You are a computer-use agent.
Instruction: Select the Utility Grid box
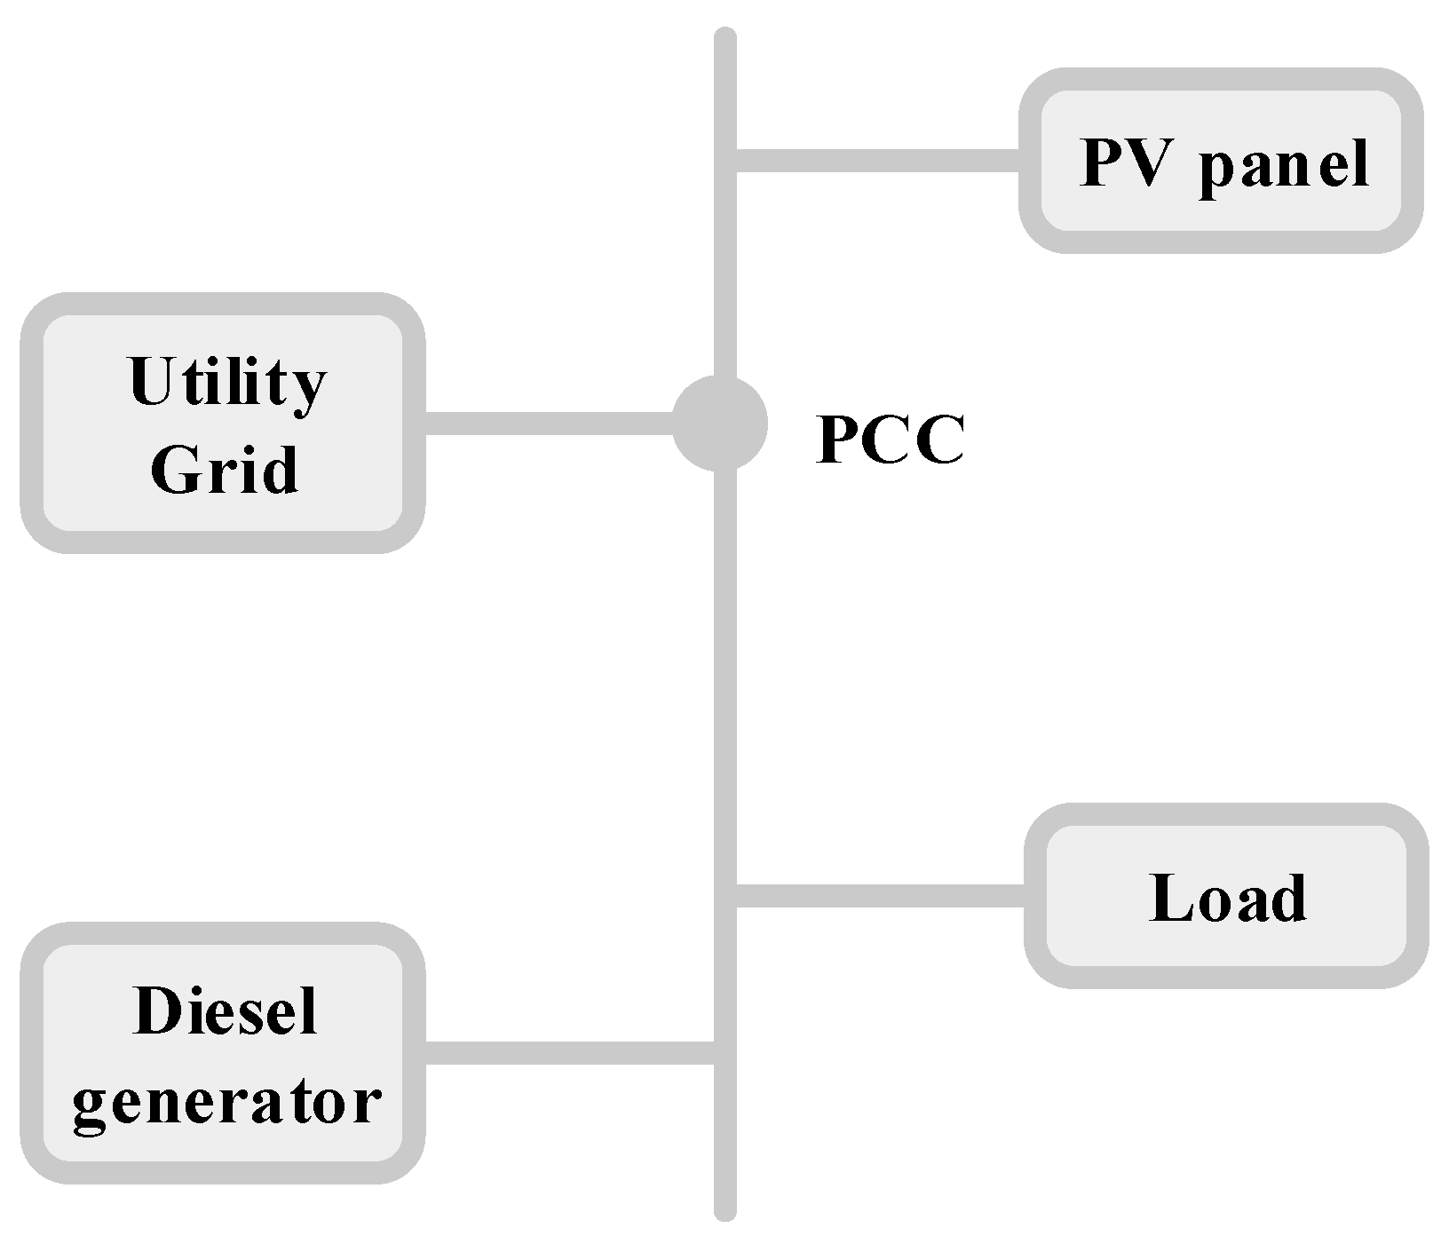point(222,424)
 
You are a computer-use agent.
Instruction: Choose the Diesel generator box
point(222,1053)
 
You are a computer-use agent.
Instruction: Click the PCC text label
point(890,440)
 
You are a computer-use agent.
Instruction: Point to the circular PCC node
point(719,424)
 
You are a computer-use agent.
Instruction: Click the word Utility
point(227,384)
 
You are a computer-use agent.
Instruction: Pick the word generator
point(227,1103)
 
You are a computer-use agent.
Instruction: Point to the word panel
point(1284,165)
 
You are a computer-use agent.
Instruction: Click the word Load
point(1227,898)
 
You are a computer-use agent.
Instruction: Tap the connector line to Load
point(879,896)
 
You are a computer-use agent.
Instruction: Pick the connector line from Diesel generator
point(568,1053)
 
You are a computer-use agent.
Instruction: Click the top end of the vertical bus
point(725,40)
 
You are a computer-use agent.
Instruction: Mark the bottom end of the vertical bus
point(725,1209)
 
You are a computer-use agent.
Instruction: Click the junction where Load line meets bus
point(726,896)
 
